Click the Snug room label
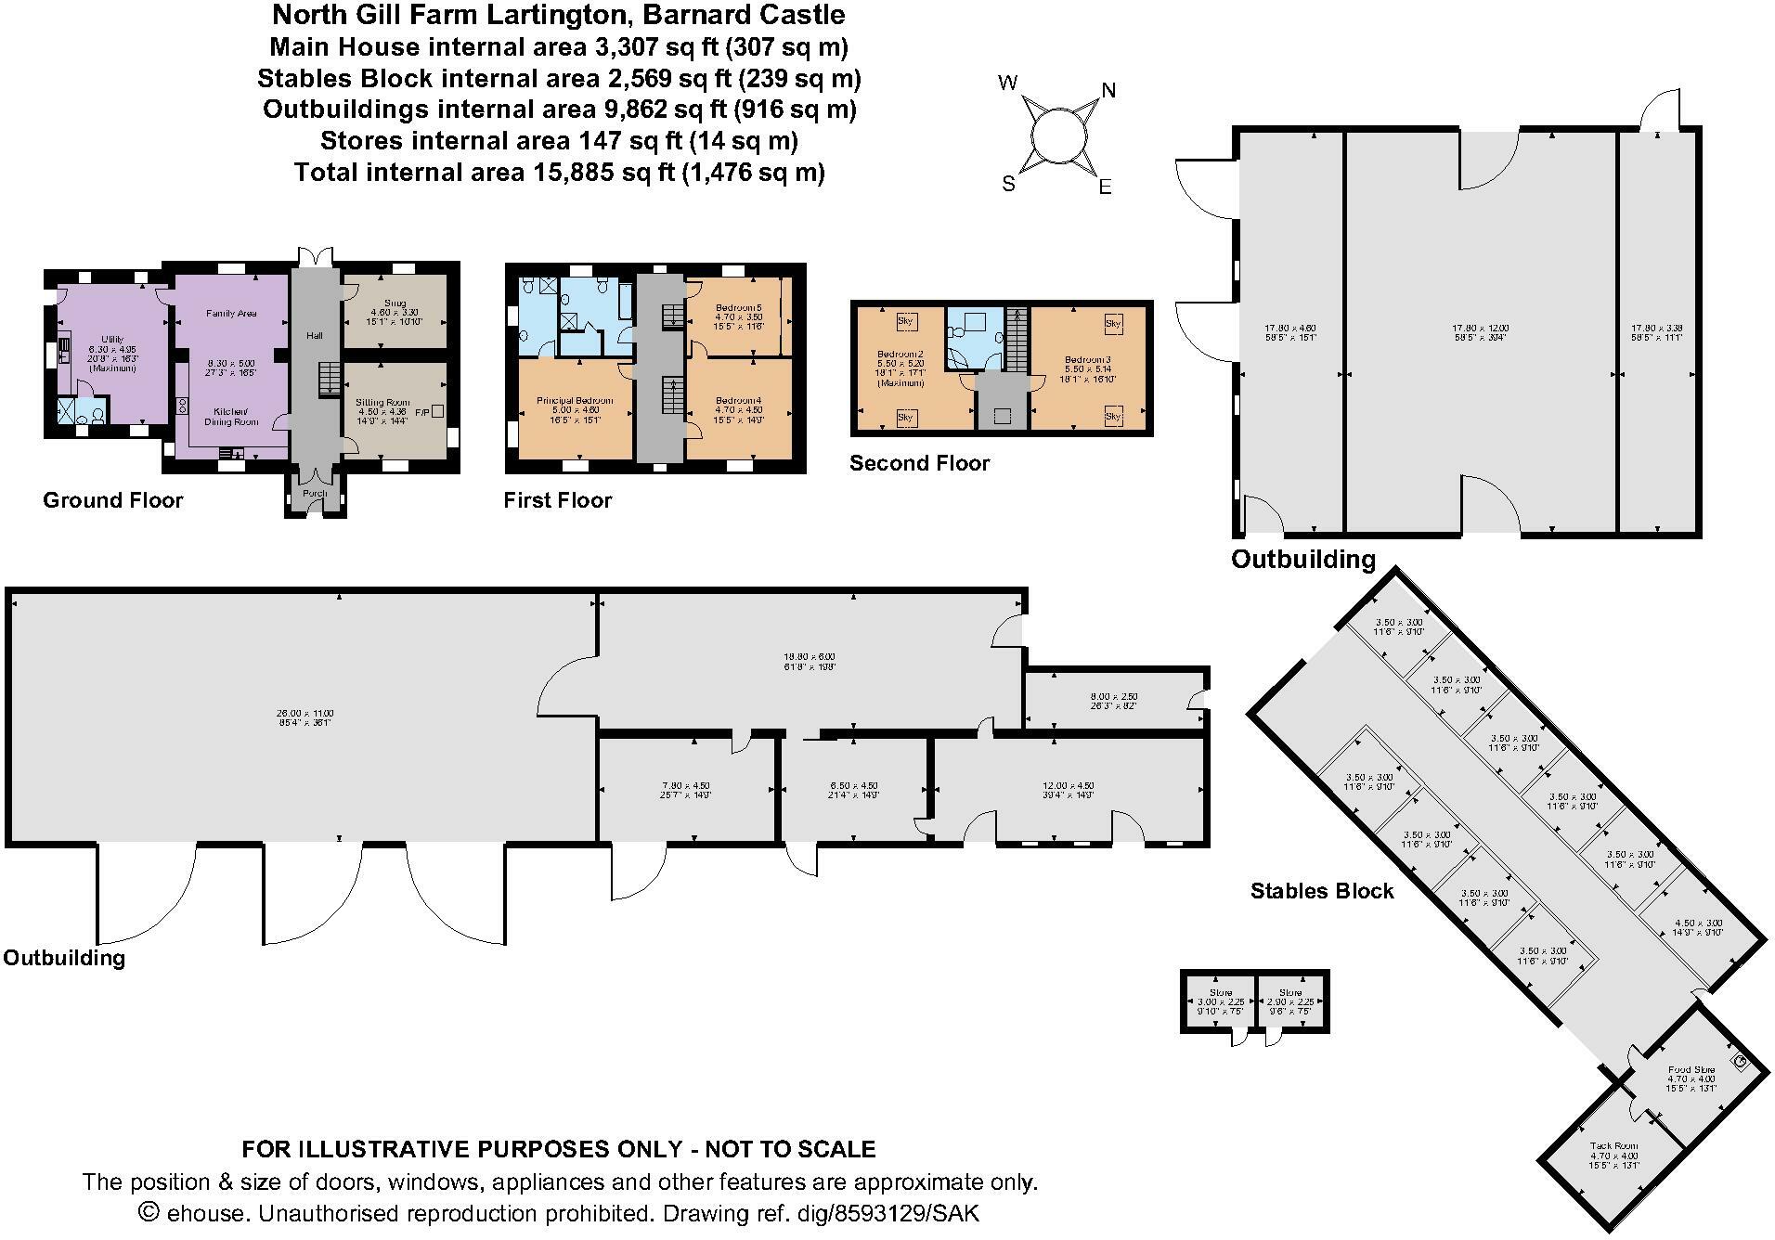click(x=395, y=303)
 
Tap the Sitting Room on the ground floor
click(x=383, y=402)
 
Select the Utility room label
click(x=112, y=340)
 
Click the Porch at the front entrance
click(x=315, y=493)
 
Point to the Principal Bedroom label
click(x=575, y=401)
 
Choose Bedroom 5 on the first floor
click(x=738, y=308)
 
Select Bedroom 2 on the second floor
click(x=900, y=354)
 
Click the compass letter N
click(x=1108, y=90)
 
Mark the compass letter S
click(x=1008, y=184)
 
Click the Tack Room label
click(x=1613, y=1146)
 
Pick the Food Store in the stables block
click(x=1691, y=1070)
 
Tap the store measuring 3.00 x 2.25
click(x=1220, y=1001)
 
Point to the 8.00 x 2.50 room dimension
click(x=1114, y=696)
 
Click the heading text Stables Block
click(x=1321, y=891)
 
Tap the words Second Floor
click(x=919, y=463)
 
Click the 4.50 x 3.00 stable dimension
click(x=1697, y=924)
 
